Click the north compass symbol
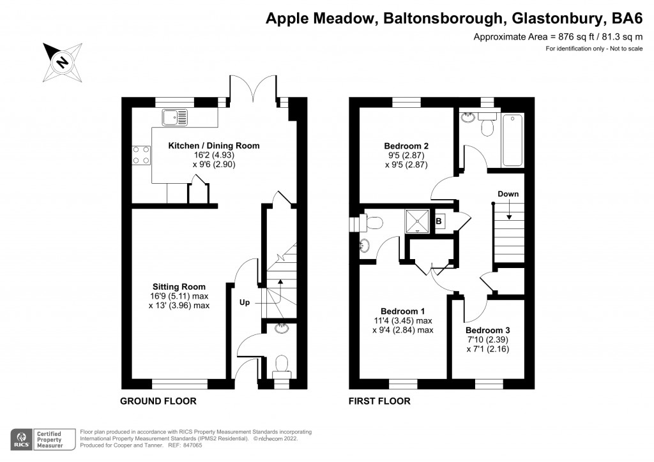click(63, 62)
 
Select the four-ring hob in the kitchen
click(141, 154)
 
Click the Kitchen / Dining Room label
click(213, 146)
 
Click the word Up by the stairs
click(245, 302)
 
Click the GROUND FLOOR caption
click(158, 401)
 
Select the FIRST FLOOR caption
click(379, 401)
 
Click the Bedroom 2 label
click(406, 144)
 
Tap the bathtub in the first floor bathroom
click(513, 138)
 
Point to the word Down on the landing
click(508, 194)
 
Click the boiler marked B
click(439, 222)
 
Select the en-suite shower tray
click(416, 221)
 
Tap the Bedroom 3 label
click(487, 330)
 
